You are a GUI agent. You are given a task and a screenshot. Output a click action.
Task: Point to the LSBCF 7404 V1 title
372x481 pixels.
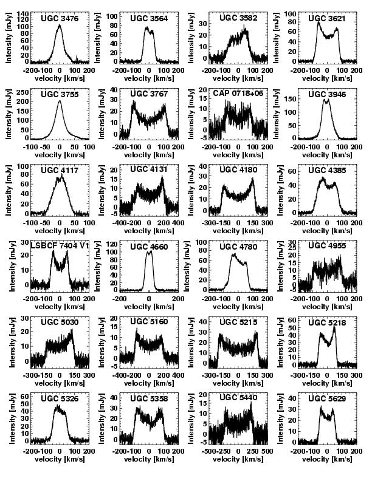coord(60,245)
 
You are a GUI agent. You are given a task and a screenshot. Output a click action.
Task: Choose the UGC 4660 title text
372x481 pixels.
coord(149,246)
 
